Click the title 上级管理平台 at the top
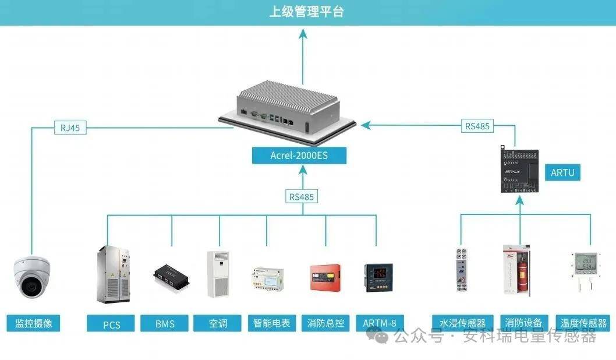tap(307, 12)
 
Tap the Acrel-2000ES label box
tap(299, 155)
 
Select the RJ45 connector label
tap(70, 128)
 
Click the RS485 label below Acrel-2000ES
tap(302, 196)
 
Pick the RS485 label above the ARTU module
tap(477, 125)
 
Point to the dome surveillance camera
tap(32, 278)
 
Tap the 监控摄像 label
tap(34, 323)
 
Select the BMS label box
tap(165, 323)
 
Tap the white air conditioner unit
tap(218, 274)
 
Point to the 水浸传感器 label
tap(462, 323)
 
